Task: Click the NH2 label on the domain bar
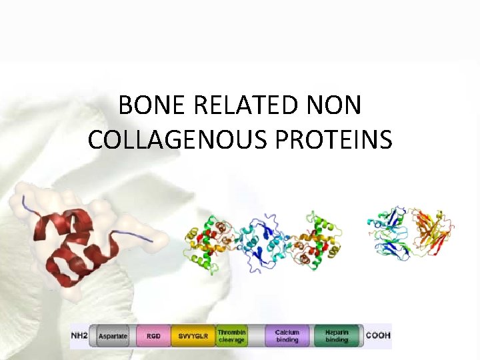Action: (79, 336)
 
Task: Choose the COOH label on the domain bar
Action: (379, 336)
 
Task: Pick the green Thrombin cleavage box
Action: (231, 336)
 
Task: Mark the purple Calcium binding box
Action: (287, 336)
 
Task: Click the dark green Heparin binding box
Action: (337, 336)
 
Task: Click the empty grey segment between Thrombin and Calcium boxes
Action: (256, 336)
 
